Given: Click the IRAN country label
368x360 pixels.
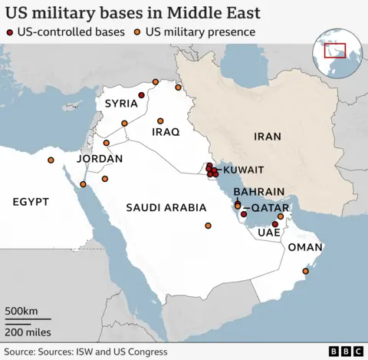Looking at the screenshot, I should [x=268, y=136].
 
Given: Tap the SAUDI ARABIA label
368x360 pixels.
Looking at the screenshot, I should [x=166, y=207].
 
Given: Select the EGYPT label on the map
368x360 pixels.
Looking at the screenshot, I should [x=31, y=201].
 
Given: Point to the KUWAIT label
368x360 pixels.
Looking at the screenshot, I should [x=243, y=169].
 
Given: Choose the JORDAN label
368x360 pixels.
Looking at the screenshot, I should [x=100, y=158].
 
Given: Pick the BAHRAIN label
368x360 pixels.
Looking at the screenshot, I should [x=259, y=191].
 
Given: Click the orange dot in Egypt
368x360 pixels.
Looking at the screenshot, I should [x=51, y=160].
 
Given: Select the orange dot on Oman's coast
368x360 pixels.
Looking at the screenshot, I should [x=306, y=271].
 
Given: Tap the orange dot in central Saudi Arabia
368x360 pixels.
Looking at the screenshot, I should [x=208, y=226].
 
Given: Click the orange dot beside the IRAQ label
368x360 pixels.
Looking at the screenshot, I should [x=161, y=121].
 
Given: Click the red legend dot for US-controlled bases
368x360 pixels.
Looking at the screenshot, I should [x=9, y=32].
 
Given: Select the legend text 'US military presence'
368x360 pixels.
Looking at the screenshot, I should [x=201, y=32].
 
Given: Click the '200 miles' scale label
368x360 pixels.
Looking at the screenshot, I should [x=28, y=332].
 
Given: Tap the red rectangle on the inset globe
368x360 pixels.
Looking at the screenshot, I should [x=335, y=51].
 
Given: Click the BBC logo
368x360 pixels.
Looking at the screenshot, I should [x=346, y=351].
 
